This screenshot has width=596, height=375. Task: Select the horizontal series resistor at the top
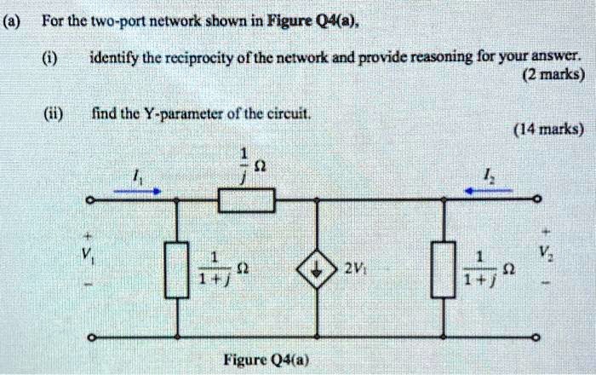click(246, 200)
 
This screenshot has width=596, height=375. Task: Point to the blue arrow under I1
click(137, 192)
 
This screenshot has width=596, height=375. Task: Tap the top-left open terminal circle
click(89, 200)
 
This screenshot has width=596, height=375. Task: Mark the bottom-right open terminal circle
click(536, 338)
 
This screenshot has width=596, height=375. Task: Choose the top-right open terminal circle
click(536, 200)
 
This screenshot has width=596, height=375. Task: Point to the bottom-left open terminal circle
click(89, 338)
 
